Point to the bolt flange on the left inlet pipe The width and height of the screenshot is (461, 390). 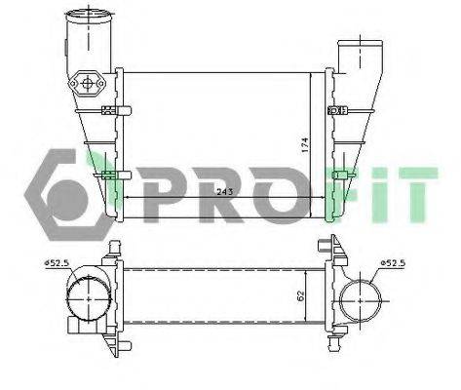coord(94,85)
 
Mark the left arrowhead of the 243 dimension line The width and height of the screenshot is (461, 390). coord(124,197)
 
